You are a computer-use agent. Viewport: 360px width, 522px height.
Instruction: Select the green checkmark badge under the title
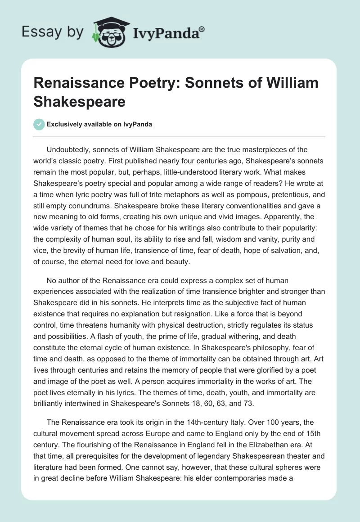coord(39,125)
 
